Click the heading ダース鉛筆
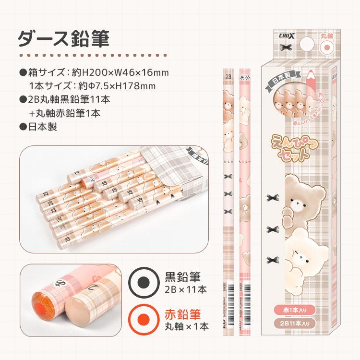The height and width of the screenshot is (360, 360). pyautogui.click(x=63, y=38)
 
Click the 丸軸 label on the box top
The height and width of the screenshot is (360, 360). pyautogui.click(x=327, y=35)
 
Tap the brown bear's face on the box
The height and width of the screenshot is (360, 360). pyautogui.click(x=301, y=197)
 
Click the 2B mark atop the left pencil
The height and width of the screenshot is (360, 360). pyautogui.click(x=228, y=75)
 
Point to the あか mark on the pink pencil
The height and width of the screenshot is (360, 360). pyautogui.click(x=244, y=75)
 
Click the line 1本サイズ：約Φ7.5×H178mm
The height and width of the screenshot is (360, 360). pyautogui.click(x=92, y=86)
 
